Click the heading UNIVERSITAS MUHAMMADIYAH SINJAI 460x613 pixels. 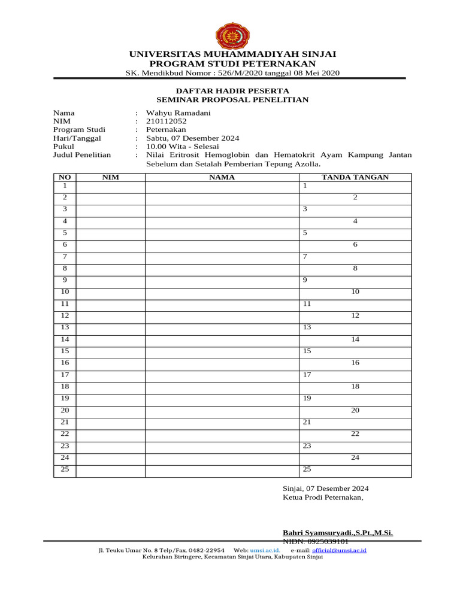(x=232, y=54)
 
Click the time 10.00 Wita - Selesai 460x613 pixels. (x=183, y=146)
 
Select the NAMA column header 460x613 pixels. (x=222, y=177)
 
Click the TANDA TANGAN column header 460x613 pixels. (x=355, y=177)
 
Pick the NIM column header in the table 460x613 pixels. (x=111, y=177)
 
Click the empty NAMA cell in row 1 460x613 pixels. (x=222, y=186)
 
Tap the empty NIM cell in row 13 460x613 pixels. (x=111, y=327)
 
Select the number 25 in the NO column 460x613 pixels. (x=65, y=469)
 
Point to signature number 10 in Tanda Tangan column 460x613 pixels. (x=355, y=292)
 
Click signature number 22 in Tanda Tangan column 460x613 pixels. (x=355, y=433)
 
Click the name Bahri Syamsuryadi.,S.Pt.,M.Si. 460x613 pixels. (x=338, y=533)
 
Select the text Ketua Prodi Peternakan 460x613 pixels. (x=323, y=497)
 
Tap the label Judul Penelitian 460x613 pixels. (x=82, y=154)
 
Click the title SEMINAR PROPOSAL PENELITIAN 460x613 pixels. (x=232, y=99)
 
